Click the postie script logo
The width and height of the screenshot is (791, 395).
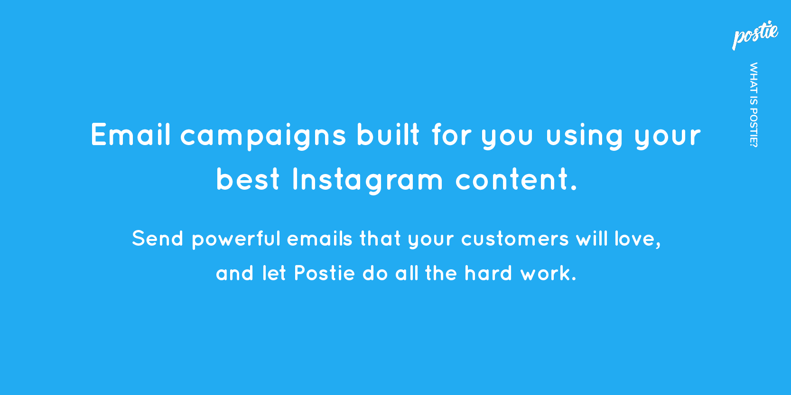[x=755, y=35]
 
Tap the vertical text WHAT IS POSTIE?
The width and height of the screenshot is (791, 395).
[x=753, y=105]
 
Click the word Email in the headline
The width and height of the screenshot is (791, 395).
[x=130, y=134]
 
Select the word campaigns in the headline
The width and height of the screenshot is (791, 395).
[x=263, y=137]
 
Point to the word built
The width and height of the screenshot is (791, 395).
[x=388, y=134]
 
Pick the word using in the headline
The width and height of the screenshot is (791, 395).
[x=585, y=137]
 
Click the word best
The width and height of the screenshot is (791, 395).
[x=248, y=179]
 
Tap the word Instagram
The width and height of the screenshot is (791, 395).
[x=368, y=181]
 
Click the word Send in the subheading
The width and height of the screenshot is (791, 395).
[x=158, y=238]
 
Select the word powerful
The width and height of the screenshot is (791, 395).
[x=236, y=239]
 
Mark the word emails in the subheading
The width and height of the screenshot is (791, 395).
[x=319, y=238]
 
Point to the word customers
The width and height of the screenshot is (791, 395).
[x=515, y=239]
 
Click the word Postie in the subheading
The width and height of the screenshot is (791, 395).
[x=324, y=273]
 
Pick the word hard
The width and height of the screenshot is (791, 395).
[x=488, y=273]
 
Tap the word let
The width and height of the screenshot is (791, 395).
[x=274, y=273]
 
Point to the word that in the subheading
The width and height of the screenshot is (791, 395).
[x=380, y=238]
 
